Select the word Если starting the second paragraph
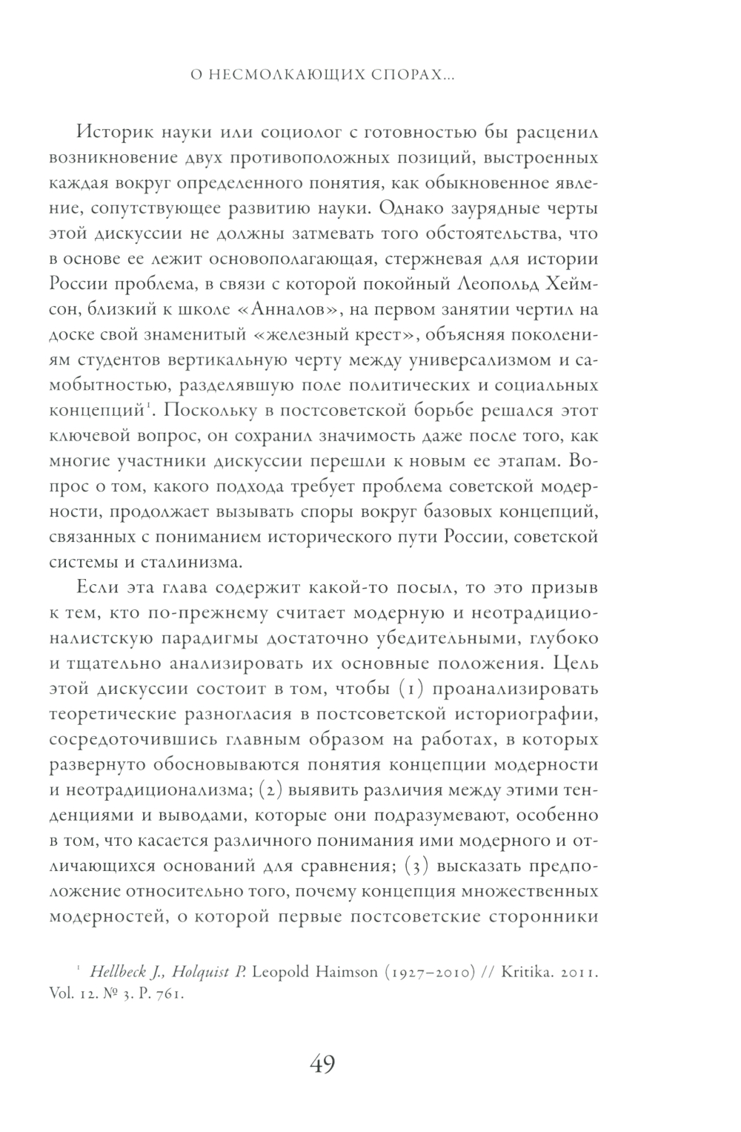pos(95,588)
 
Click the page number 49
pos(323,1065)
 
